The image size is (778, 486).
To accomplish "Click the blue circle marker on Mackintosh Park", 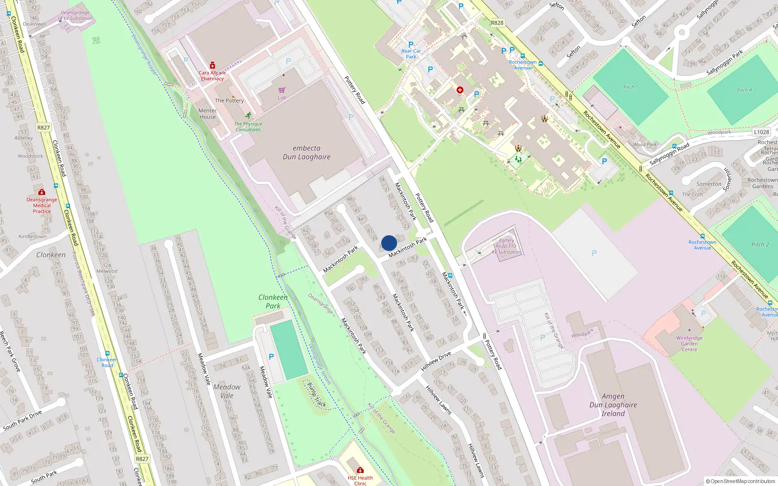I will (x=389, y=243).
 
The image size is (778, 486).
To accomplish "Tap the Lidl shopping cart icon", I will (x=282, y=90).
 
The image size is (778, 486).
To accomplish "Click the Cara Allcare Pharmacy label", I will (x=212, y=75).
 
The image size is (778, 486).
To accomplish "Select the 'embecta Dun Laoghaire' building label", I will (x=306, y=153).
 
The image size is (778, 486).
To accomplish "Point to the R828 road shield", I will (x=497, y=23).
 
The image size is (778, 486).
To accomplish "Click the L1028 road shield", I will (x=761, y=132).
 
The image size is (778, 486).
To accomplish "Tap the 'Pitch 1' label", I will (x=630, y=87).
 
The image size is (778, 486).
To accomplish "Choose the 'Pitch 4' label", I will (x=744, y=90).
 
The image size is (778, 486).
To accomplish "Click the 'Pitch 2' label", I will (x=760, y=244).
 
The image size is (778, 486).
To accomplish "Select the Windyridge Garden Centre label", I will (x=689, y=344).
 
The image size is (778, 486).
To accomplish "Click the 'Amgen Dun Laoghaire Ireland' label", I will (x=613, y=405).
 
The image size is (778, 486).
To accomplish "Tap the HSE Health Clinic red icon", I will (x=360, y=470).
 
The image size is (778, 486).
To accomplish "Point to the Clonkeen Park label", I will (x=273, y=301).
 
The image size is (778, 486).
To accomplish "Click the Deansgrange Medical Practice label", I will (x=42, y=205).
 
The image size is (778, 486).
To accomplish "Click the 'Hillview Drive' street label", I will (x=436, y=361).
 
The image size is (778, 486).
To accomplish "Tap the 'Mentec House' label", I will (x=208, y=114).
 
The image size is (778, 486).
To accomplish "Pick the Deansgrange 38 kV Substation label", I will (x=75, y=16).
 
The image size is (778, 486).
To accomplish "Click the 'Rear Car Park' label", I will (x=411, y=53).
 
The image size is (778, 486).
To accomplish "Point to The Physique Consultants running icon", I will (x=249, y=115).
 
